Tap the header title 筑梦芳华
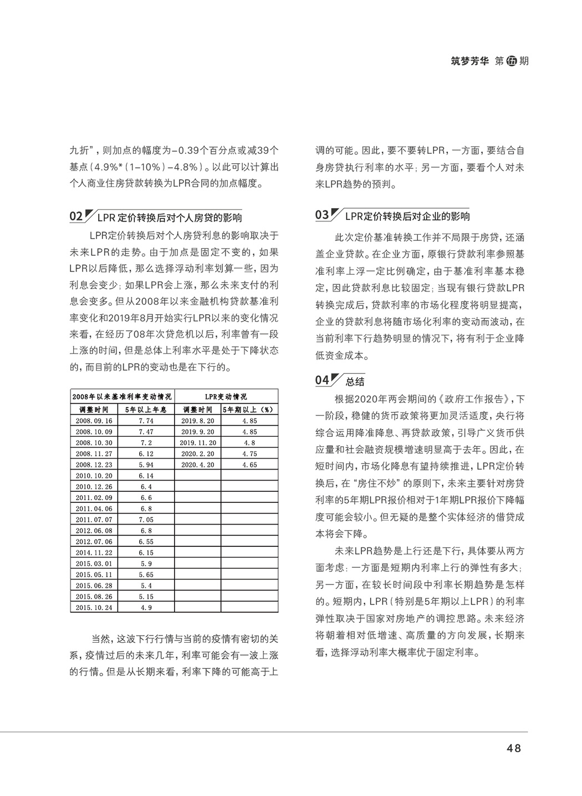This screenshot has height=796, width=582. pyautogui.click(x=470, y=61)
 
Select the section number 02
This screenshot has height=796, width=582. pyautogui.click(x=76, y=216)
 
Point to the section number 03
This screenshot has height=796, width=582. pyautogui.click(x=322, y=215)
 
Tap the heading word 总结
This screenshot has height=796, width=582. pyautogui.click(x=355, y=381)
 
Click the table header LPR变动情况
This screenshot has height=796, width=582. pyautogui.click(x=226, y=397)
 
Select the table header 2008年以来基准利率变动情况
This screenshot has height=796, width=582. pyautogui.click(x=122, y=397)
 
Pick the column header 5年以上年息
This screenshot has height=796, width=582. pyautogui.click(x=146, y=409)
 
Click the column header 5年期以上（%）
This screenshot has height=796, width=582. pyautogui.click(x=249, y=409)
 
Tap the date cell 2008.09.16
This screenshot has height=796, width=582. pyautogui.click(x=94, y=421)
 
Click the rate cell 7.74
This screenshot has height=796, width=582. pyautogui.click(x=146, y=421)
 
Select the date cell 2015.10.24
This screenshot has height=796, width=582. pyautogui.click(x=94, y=607)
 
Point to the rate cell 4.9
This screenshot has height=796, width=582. pyautogui.click(x=146, y=607)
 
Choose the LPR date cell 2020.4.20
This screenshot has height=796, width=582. pyautogui.click(x=197, y=465)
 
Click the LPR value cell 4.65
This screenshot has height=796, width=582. pyautogui.click(x=249, y=465)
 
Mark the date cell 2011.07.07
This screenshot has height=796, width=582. pyautogui.click(x=94, y=520)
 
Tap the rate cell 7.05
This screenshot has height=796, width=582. pyautogui.click(x=146, y=520)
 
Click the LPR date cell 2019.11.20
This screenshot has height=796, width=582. pyautogui.click(x=197, y=442)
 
